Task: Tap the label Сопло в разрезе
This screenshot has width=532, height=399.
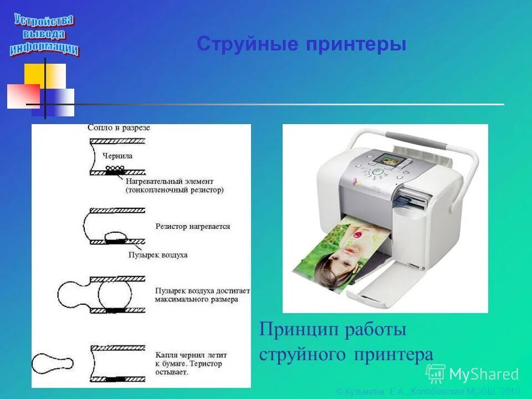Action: [119, 127]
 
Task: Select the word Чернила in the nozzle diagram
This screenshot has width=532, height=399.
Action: [117, 156]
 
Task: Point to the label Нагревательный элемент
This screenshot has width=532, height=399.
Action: [169, 181]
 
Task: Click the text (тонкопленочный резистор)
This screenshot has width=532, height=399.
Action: [175, 190]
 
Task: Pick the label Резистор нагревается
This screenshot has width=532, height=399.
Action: [193, 227]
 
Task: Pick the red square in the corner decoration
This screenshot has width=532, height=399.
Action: [22, 95]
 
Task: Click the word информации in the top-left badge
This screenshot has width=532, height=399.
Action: [44, 48]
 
